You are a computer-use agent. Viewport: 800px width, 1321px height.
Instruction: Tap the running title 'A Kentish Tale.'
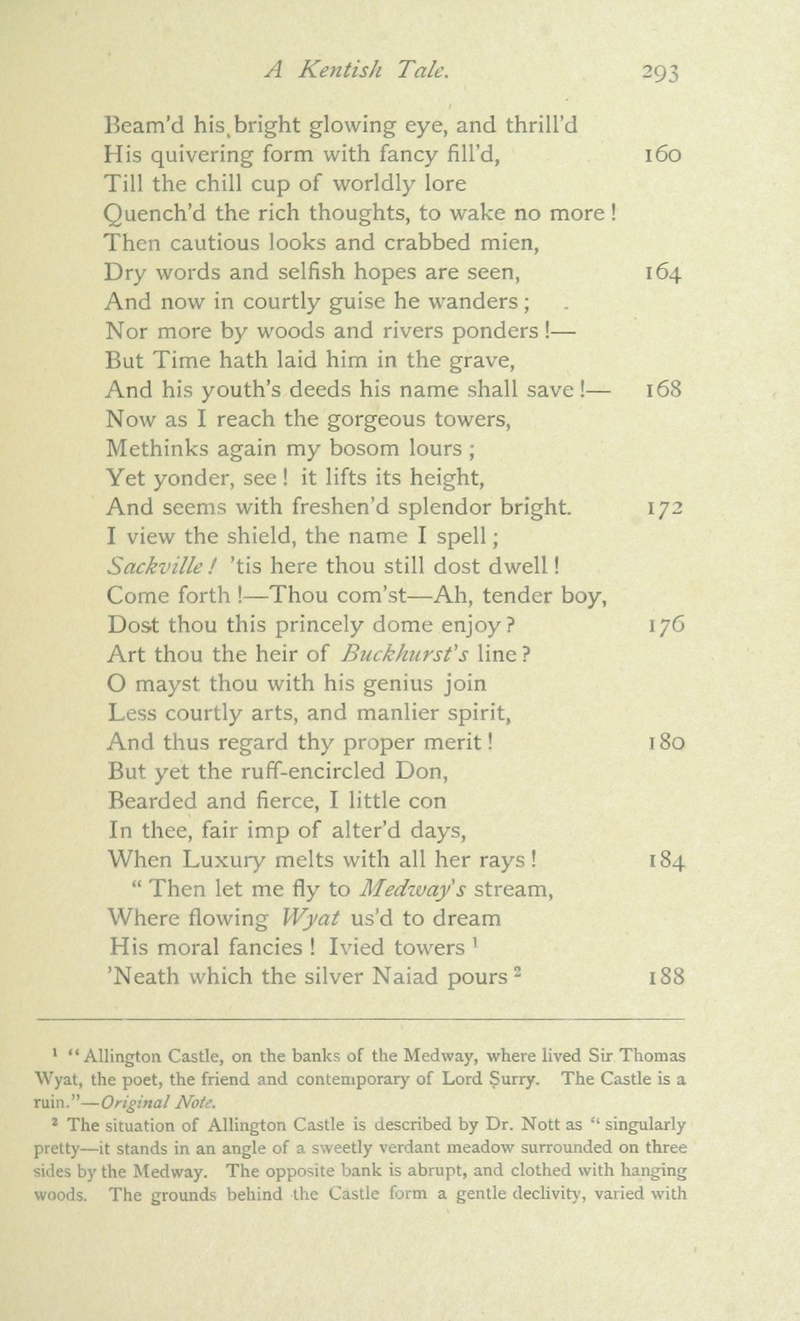click(x=357, y=71)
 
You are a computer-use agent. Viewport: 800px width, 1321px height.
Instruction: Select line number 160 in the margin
click(x=662, y=155)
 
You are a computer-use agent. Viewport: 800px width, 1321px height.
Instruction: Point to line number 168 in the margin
click(x=663, y=390)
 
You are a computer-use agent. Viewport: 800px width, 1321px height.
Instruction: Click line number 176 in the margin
click(x=666, y=625)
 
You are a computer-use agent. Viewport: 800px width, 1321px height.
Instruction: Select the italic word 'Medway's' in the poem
click(x=412, y=889)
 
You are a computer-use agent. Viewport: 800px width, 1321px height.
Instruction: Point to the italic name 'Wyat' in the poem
click(x=310, y=918)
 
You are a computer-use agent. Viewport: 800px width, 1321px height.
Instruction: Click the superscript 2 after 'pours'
click(x=515, y=969)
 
